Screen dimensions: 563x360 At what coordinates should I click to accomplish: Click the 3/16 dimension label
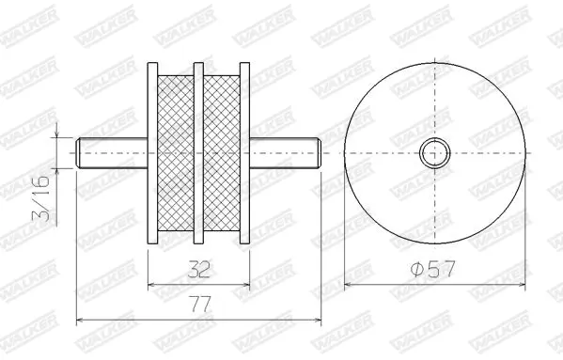pyautogui.click(x=40, y=198)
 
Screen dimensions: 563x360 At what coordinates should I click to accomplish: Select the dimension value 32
pyautogui.click(x=198, y=269)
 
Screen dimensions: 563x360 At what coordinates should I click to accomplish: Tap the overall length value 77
pyautogui.click(x=201, y=305)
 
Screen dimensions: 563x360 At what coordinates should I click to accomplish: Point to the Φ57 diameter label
pyautogui.click(x=432, y=269)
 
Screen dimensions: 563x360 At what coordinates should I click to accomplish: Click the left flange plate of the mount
pyautogui.click(x=152, y=153)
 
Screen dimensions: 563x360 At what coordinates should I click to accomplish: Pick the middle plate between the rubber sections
pyautogui.click(x=198, y=153)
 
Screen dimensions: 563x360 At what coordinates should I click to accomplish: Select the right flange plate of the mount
pyautogui.click(x=244, y=153)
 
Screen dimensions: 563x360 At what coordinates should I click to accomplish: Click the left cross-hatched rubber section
pyautogui.click(x=176, y=153)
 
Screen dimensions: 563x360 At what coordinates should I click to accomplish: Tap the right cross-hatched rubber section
pyautogui.click(x=222, y=153)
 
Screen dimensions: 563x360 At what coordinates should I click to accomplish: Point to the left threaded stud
pyautogui.click(x=112, y=153)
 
